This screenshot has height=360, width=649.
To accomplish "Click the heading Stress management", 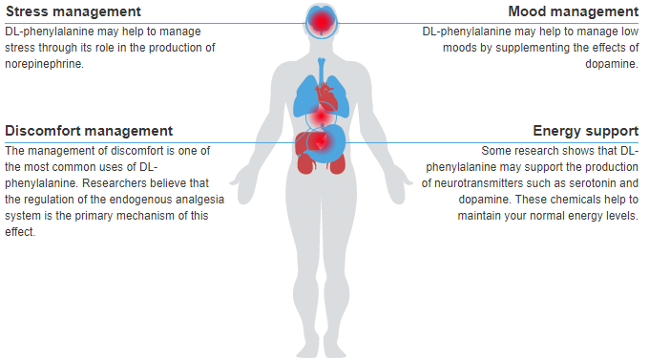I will [73, 11].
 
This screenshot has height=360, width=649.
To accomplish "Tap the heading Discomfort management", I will [89, 130].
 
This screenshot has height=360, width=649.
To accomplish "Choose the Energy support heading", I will [585, 130].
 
